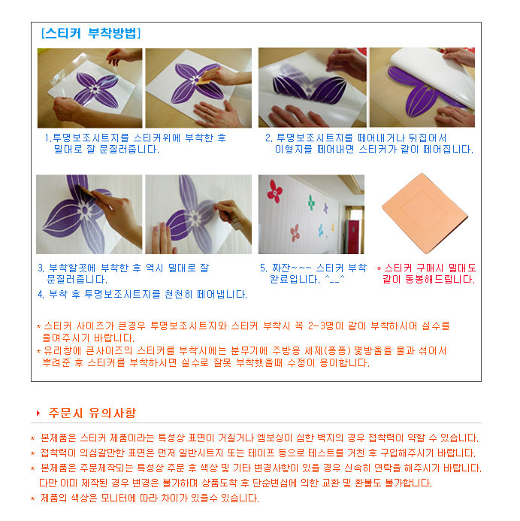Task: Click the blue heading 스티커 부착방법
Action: click(91, 33)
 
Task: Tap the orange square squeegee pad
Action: click(425, 213)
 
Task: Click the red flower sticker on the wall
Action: click(275, 192)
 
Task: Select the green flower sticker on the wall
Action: click(311, 202)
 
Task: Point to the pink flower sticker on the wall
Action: click(295, 232)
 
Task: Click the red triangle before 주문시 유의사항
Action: click(38, 413)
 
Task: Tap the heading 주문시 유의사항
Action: click(92, 413)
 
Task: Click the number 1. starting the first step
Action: click(48, 138)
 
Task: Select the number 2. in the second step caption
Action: click(268, 138)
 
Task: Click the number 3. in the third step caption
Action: click(41, 268)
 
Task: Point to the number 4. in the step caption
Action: click(41, 295)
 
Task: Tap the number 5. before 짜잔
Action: click(263, 268)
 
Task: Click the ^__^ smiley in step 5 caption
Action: click(334, 278)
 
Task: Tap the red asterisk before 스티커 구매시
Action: click(379, 268)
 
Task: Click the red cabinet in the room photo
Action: click(352, 236)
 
